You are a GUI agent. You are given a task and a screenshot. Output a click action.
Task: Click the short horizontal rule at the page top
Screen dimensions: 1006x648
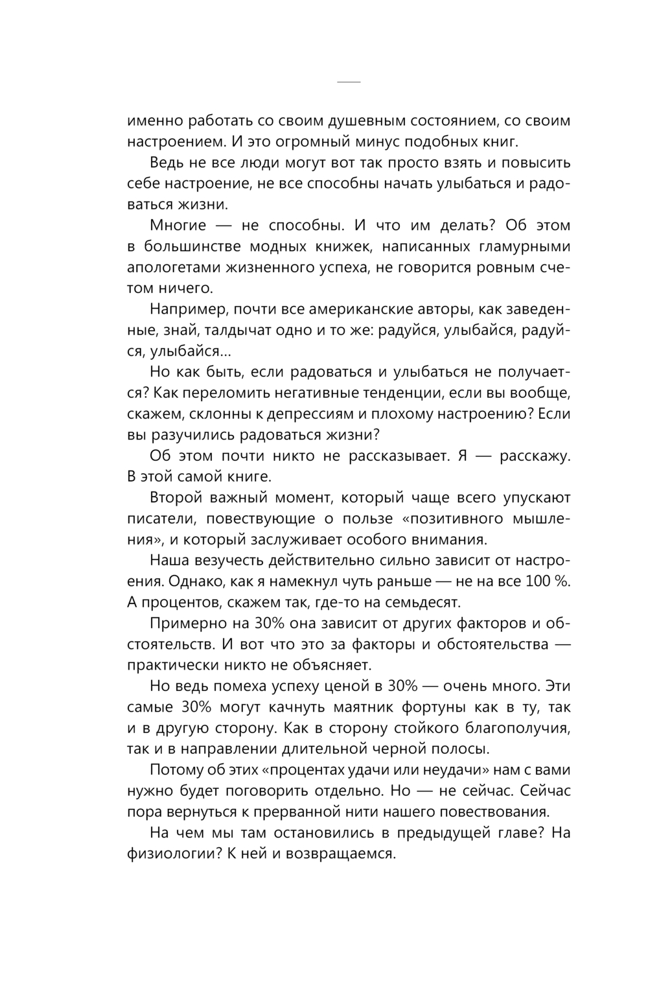coord(349,82)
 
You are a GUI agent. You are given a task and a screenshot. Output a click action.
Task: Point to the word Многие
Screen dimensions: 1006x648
coord(178,226)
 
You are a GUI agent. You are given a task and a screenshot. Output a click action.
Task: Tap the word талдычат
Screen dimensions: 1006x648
coord(236,330)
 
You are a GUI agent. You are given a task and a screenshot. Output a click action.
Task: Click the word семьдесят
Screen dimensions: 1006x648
coord(425,602)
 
